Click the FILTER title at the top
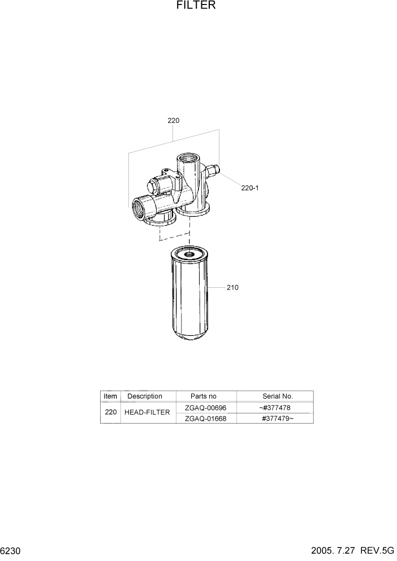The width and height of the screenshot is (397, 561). pyautogui.click(x=196, y=6)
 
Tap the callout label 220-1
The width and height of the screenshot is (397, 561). pyautogui.click(x=250, y=188)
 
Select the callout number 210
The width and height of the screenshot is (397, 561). pyautogui.click(x=232, y=287)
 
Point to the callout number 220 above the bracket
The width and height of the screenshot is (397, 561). pyautogui.click(x=173, y=120)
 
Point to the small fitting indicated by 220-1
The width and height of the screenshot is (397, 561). pyautogui.click(x=213, y=169)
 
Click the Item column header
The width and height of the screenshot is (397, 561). pyautogui.click(x=110, y=396)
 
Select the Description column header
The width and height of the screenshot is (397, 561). pyautogui.click(x=145, y=396)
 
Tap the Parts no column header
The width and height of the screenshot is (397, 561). pyautogui.click(x=204, y=396)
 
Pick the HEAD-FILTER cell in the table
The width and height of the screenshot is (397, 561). pyautogui.click(x=147, y=413)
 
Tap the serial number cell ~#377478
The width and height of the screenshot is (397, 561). pyautogui.click(x=275, y=408)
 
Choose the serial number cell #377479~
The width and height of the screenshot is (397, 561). pyautogui.click(x=277, y=418)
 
